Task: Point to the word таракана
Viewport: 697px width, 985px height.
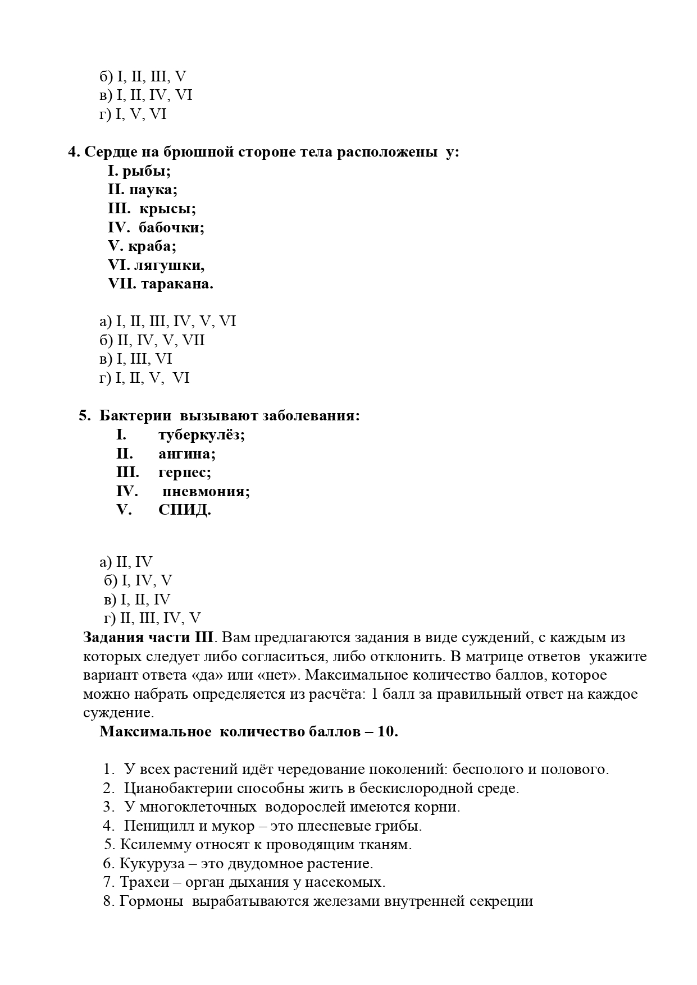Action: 177,284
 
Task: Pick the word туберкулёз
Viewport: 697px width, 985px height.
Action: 202,435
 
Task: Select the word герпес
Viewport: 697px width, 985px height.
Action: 185,473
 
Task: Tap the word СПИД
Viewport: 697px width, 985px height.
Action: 184,510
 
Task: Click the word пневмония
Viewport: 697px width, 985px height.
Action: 206,492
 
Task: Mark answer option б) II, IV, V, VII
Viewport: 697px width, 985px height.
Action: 152,341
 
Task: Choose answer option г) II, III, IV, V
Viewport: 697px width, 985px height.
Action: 152,619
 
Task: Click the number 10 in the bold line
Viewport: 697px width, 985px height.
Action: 386,732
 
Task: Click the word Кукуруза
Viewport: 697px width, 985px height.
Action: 147,864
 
